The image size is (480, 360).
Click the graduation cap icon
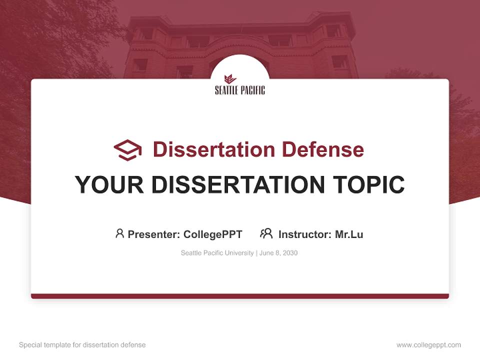[x=127, y=149]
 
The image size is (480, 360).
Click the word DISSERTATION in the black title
[x=237, y=185]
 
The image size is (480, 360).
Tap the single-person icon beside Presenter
[x=119, y=233]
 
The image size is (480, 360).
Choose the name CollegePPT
[x=213, y=234]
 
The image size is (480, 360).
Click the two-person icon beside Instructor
[x=266, y=233]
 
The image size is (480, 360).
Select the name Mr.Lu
[x=349, y=234]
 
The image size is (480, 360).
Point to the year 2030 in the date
[x=290, y=253]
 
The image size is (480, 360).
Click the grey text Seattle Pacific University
[x=217, y=253]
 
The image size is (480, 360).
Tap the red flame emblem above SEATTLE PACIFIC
[x=230, y=79]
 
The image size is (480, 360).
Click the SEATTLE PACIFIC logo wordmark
[x=240, y=90]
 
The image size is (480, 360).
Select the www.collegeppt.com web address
[x=428, y=345]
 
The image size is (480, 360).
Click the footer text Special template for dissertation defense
[x=82, y=345]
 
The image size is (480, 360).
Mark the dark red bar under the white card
[x=240, y=296]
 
